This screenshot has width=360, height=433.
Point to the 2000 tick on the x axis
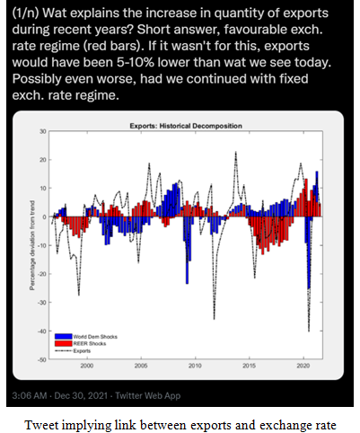point(87,366)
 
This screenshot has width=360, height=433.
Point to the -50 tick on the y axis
point(41,359)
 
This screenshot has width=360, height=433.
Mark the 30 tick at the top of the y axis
point(42,131)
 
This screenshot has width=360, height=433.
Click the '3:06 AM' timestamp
point(32,395)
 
